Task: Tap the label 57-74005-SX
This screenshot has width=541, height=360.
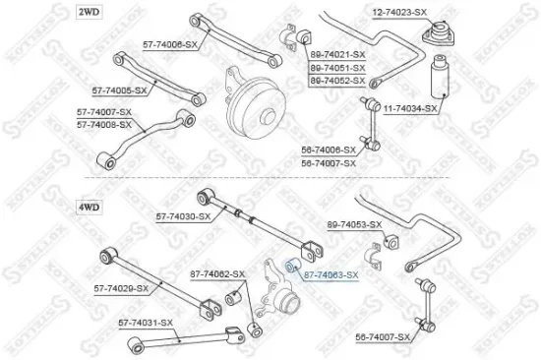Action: (x=119, y=90)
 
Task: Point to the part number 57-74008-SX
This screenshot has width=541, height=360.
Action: (x=104, y=126)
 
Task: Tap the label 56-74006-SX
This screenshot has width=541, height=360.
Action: (x=329, y=150)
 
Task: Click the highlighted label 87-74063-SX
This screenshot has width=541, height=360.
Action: (x=331, y=276)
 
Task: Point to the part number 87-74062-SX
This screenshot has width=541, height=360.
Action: (x=216, y=272)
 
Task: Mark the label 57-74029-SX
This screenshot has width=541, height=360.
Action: (x=121, y=288)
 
